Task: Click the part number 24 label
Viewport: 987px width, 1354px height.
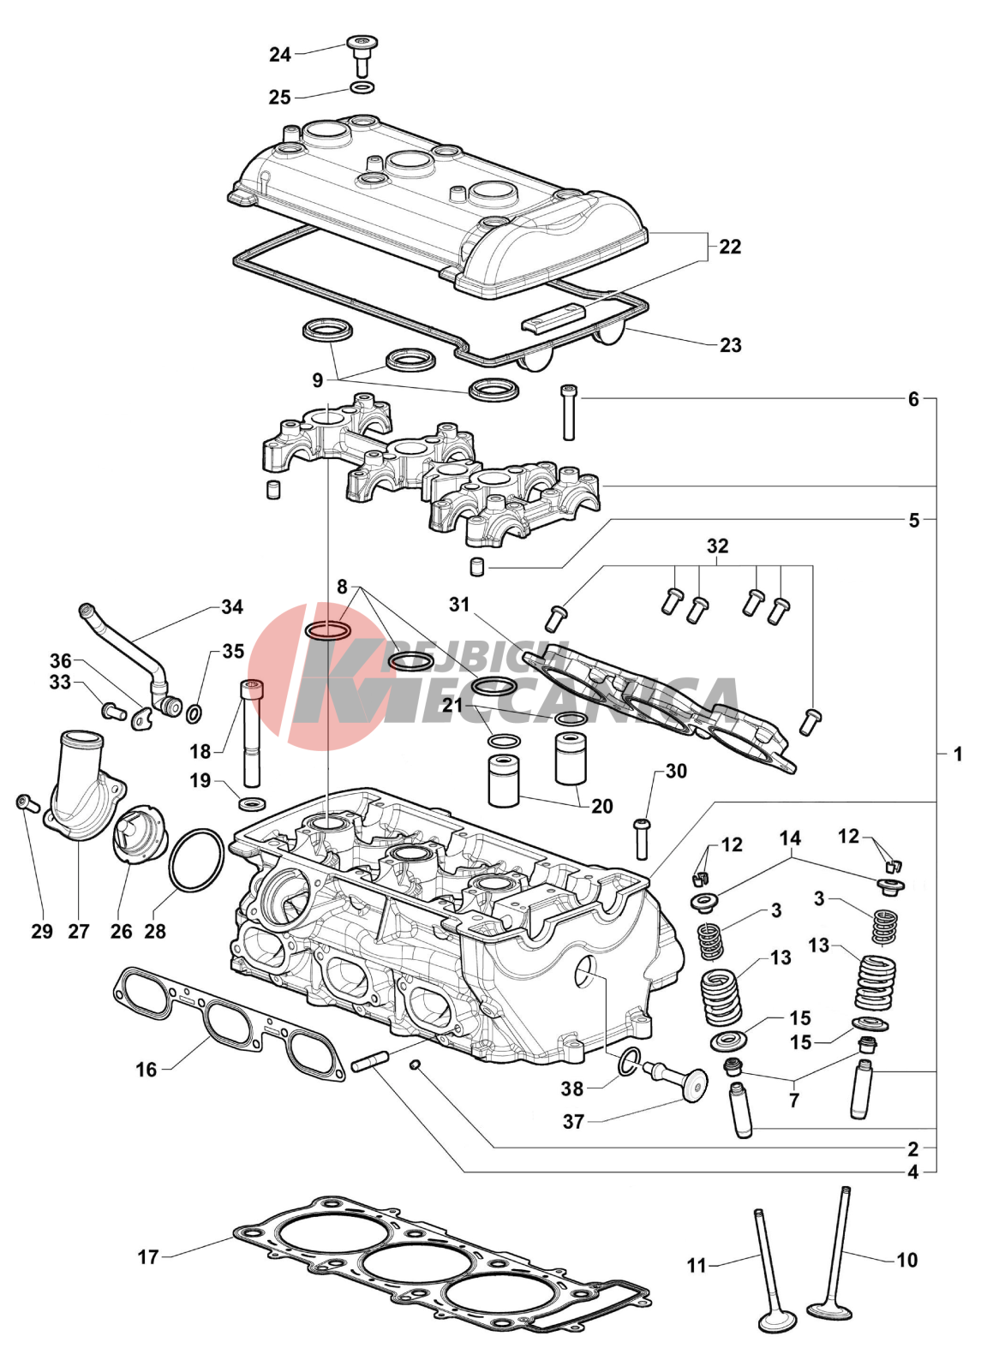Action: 280,55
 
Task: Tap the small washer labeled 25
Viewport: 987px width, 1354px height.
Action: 362,88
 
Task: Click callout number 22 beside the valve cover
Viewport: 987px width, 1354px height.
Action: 730,247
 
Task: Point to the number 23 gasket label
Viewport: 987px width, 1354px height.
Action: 730,345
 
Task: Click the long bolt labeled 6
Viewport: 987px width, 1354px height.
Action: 568,412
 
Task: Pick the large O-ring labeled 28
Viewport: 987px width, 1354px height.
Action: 197,860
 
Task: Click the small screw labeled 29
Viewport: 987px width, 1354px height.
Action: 25,802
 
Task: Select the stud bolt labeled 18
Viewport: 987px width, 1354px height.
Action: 251,732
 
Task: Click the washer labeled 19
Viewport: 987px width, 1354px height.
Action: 252,803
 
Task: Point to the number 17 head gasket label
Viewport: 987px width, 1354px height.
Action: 148,1256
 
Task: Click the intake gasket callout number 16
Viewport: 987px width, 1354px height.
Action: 147,1069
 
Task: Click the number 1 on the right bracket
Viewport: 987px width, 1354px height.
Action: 958,755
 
